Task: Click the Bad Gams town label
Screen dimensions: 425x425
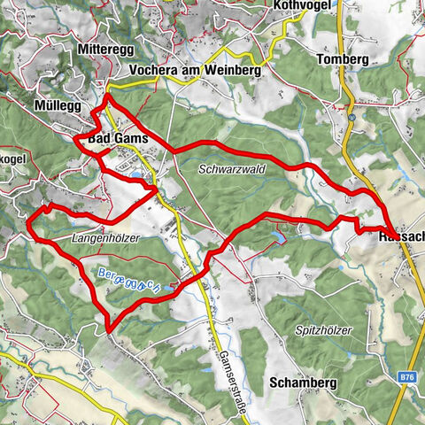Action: point(116,139)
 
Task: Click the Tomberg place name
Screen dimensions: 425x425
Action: point(341,59)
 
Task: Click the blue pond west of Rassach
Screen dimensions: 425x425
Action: point(280,236)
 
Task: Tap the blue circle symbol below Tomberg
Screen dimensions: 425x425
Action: point(352,117)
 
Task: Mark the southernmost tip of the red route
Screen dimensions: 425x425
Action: point(108,331)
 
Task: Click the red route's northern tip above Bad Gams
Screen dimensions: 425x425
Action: point(107,95)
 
